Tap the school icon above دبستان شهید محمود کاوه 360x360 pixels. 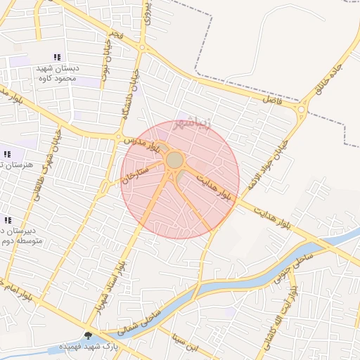[57, 57]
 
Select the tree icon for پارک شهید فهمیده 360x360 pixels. [88, 335]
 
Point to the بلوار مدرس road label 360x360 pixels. [143, 144]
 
